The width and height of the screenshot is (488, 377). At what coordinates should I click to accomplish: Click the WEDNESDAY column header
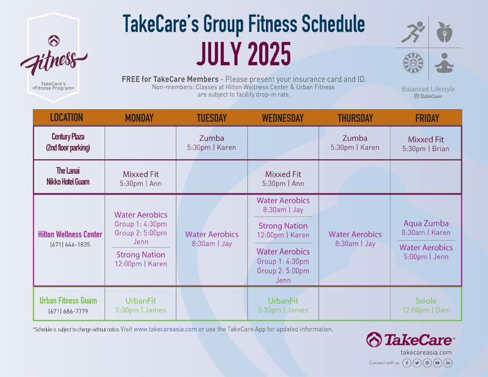[x=282, y=118]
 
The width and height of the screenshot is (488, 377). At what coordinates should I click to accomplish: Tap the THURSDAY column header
[x=355, y=118]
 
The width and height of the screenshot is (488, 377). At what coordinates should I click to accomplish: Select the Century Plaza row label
[x=68, y=142]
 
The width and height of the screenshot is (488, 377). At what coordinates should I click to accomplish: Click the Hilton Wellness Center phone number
[x=70, y=245]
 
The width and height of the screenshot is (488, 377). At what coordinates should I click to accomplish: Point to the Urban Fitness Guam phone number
[x=68, y=311]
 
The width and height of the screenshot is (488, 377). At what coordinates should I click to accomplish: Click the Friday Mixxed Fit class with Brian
[x=426, y=144]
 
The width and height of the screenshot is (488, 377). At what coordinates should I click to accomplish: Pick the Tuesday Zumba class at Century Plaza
[x=212, y=143]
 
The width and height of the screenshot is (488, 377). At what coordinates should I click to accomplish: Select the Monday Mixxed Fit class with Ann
[x=141, y=179]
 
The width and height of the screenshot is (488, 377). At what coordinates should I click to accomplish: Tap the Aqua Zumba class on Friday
[x=426, y=228]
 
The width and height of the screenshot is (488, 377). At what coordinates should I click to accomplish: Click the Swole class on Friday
[x=426, y=306]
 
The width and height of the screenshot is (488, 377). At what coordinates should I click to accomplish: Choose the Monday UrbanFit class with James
[x=141, y=306]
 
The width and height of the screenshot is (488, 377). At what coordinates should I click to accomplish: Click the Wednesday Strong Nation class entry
[x=283, y=231]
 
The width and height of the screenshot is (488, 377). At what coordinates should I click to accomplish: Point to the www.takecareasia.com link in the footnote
[x=165, y=329]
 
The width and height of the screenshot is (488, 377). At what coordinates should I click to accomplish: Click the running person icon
[x=413, y=32]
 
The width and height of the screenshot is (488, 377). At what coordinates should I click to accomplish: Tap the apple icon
[x=445, y=32]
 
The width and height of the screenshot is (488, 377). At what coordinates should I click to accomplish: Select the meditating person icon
[x=444, y=63]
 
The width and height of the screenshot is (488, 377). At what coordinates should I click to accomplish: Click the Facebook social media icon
[x=407, y=363]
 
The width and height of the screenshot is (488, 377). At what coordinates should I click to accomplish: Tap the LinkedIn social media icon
[x=448, y=363]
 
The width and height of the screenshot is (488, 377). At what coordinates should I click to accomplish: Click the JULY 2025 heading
[x=243, y=54]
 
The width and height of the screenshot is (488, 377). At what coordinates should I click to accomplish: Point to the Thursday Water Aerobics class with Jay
[x=355, y=239]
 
